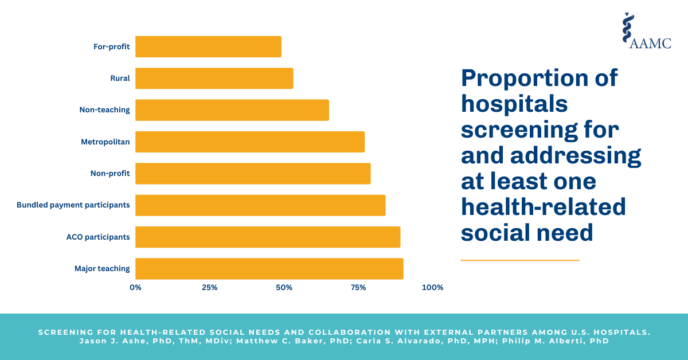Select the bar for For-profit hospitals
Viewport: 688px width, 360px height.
[208, 46]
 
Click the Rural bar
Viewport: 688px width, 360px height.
[214, 79]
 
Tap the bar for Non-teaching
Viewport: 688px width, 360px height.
[232, 110]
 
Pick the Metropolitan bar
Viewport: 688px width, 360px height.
[250, 142]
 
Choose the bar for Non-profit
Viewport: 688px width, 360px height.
[253, 173]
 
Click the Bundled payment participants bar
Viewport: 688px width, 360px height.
[260, 205]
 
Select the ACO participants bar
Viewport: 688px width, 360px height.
[268, 237]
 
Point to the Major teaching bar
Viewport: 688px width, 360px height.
[269, 268]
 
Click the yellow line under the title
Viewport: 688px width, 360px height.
[520, 260]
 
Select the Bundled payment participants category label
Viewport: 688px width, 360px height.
[73, 205]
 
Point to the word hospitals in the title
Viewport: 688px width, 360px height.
[514, 104]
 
